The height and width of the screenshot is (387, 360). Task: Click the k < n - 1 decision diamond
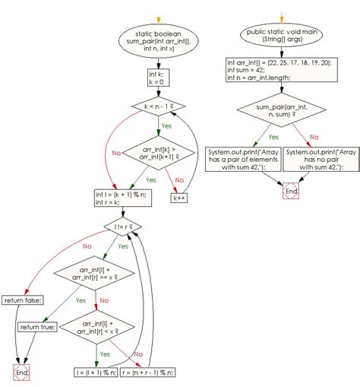pos(159,108)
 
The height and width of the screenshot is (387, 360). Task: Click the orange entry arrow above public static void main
pos(283,17)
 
